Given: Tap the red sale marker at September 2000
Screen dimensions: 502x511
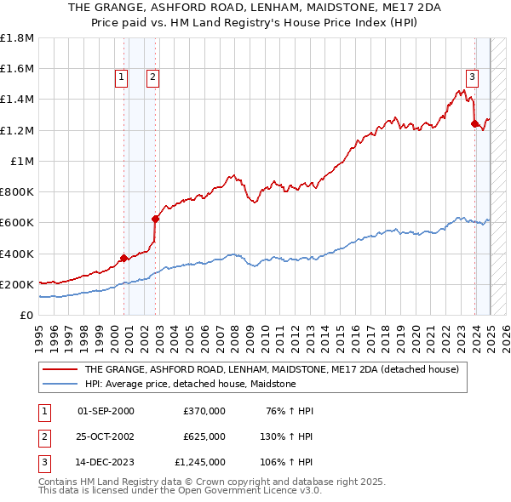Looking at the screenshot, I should coord(123,258).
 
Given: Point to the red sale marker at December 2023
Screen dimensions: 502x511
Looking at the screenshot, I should coord(474,123).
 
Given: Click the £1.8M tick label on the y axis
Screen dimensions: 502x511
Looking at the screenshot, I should coord(17,38).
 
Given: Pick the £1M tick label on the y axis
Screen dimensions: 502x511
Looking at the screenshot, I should coord(22,162).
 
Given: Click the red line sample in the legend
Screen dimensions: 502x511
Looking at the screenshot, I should coord(60,369).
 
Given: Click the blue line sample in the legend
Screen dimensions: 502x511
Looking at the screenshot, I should coord(60,384).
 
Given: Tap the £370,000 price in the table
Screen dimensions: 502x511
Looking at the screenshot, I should coord(204,411).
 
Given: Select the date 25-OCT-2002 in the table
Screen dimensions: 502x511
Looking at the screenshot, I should coord(106,436).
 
